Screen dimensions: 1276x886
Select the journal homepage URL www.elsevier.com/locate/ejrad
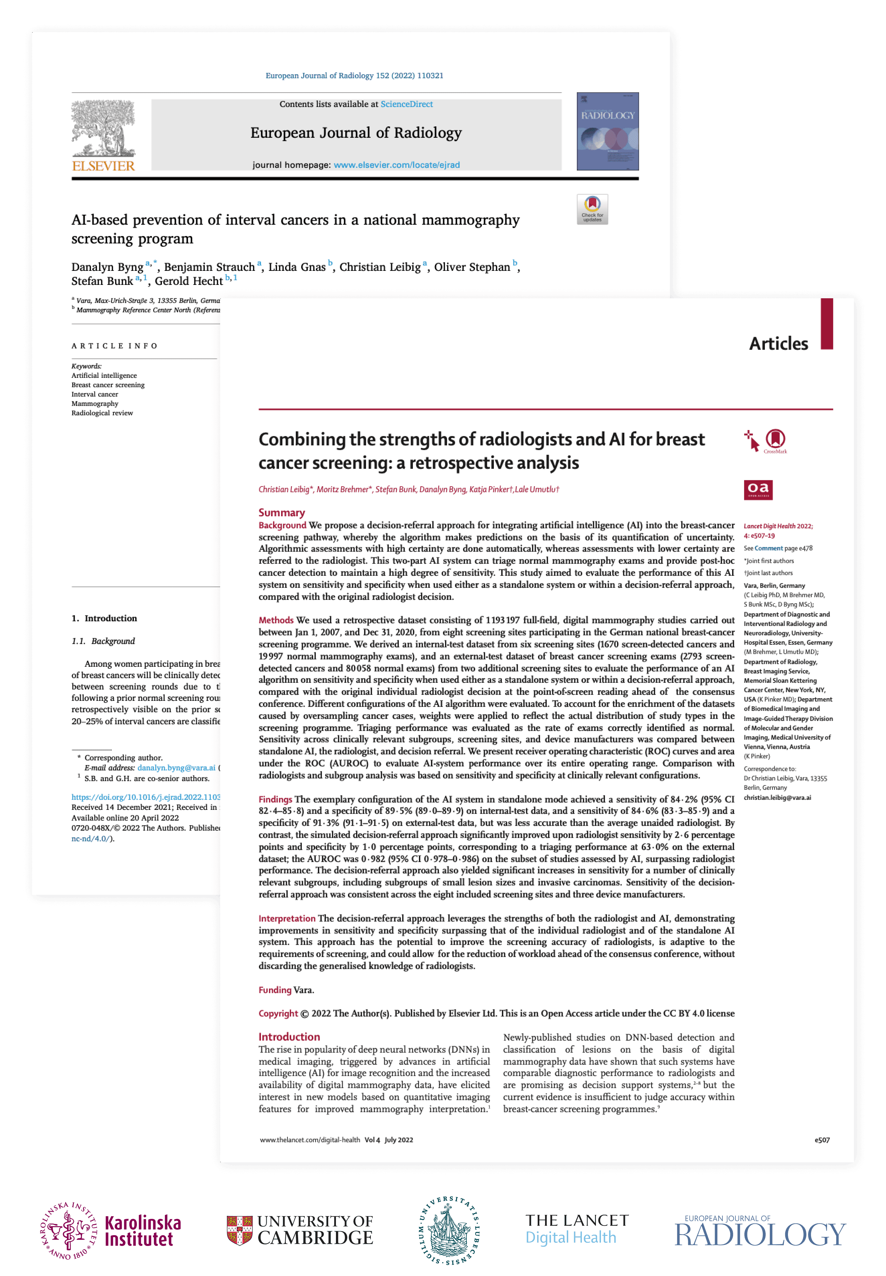coord(396,165)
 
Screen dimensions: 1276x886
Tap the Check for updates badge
coord(592,209)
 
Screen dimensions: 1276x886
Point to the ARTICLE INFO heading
coord(114,346)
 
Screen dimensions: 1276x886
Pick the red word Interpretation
coord(286,919)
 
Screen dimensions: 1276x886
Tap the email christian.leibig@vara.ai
coord(777,798)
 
